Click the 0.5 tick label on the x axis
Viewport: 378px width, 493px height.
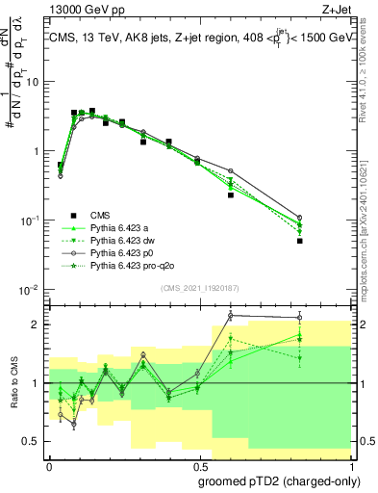(196, 464)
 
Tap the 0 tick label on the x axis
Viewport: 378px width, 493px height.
(49, 464)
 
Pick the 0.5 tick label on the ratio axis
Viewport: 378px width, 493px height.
(32, 441)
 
